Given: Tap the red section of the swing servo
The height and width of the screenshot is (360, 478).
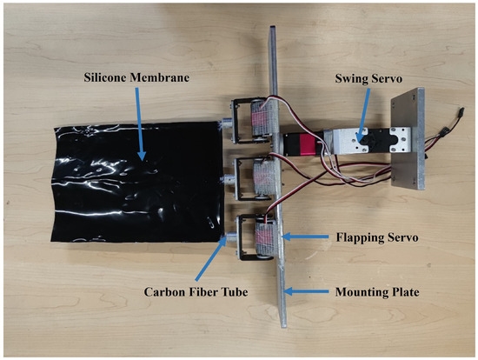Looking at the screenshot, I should (309, 141).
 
